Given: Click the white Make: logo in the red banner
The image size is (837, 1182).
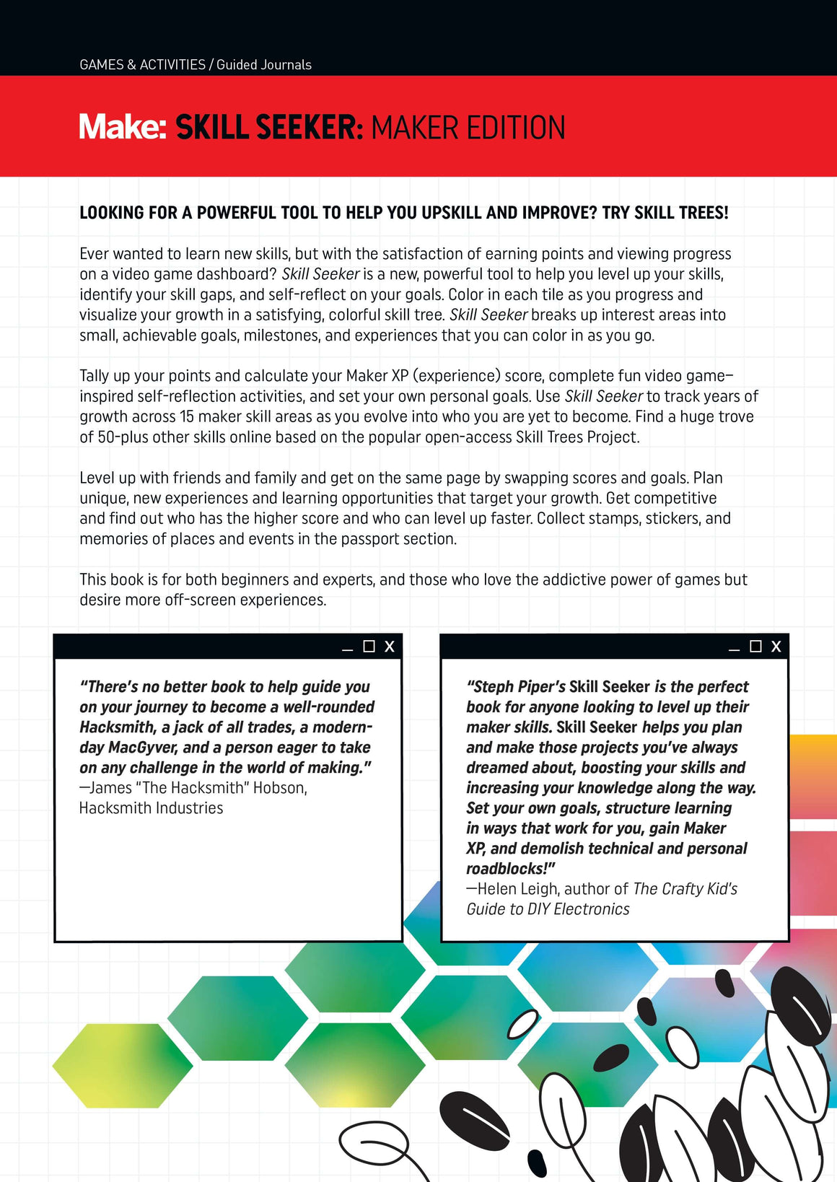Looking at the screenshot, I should coord(123,127).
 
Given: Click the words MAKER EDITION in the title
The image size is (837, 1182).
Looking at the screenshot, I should coord(468,128).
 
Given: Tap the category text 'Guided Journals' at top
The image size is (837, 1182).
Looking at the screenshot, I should coord(264,65).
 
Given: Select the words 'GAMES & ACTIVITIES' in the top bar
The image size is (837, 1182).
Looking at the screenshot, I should coord(142,65).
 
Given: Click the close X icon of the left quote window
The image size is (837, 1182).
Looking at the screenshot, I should coord(390,647).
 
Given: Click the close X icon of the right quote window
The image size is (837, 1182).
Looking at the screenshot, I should coord(776,647).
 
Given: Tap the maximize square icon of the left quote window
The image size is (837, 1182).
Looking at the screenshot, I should coord(369,647).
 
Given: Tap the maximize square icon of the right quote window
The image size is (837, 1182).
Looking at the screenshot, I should coord(755,647).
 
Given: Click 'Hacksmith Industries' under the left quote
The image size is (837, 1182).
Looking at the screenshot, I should coord(151,808).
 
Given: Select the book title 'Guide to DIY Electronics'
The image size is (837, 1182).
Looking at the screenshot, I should coord(548,909).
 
